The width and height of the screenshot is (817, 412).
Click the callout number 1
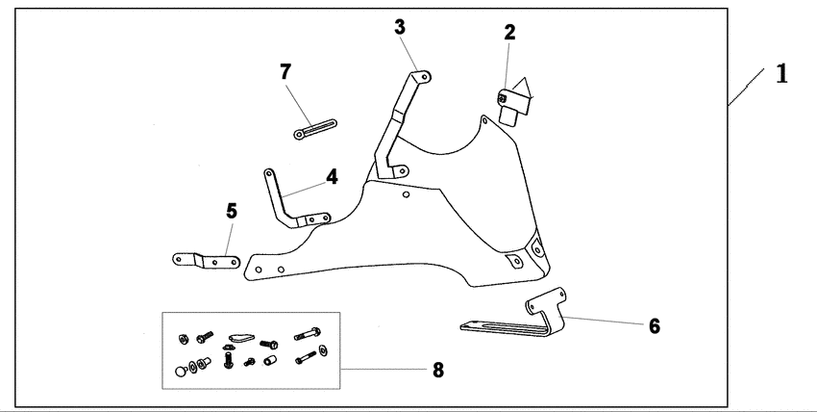781,73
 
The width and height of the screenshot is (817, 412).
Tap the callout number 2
509,33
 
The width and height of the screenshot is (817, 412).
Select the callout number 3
400,27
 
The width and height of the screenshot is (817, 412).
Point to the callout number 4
332,177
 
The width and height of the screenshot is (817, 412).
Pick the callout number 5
232,211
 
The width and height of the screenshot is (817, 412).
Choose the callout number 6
655,326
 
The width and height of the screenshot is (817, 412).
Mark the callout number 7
285,71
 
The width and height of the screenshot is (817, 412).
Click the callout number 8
438,371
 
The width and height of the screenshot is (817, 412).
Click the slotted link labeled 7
315,129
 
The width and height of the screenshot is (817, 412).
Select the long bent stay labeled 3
402,125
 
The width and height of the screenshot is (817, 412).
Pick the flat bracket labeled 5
206,260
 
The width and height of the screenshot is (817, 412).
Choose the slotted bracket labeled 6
513,313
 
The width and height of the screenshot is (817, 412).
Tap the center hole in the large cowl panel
406,194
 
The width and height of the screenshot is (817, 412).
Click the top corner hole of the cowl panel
484,121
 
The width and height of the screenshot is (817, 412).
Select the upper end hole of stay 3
424,77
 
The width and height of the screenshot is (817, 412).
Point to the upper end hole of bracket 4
269,172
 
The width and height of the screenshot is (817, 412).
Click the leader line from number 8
384,370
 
